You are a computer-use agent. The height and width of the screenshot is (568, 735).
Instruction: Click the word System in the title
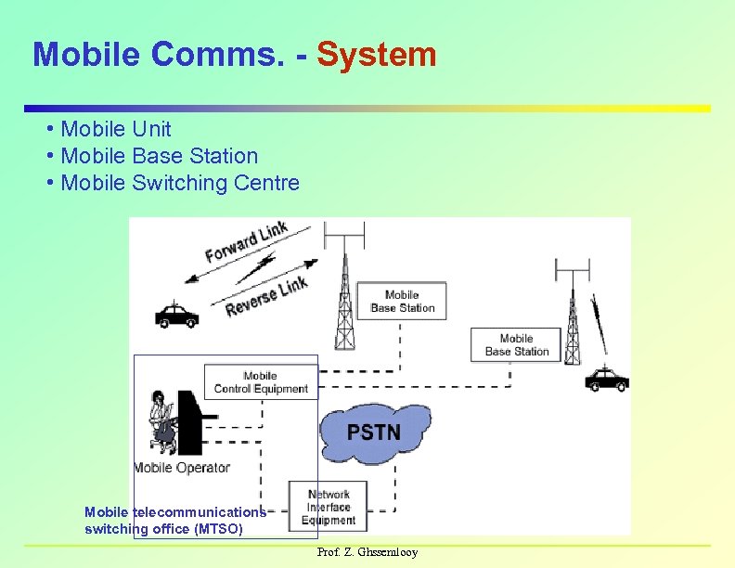[x=376, y=55]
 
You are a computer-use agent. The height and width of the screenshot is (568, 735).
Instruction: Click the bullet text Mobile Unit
[x=115, y=129]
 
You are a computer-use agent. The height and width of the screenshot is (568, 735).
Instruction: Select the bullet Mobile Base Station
[x=159, y=156]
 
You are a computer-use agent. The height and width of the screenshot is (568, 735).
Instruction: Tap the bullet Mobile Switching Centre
[x=179, y=183]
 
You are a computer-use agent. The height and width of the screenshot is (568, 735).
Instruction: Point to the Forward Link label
[x=246, y=241]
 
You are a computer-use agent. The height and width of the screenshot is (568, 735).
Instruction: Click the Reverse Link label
[x=265, y=296]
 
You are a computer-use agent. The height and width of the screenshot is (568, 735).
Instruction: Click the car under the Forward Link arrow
[x=176, y=316]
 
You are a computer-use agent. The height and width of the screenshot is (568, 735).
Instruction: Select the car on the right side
[x=607, y=379]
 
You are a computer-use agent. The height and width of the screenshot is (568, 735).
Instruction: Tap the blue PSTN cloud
[x=373, y=432]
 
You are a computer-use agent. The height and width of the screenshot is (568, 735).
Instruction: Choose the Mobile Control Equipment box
[x=261, y=382]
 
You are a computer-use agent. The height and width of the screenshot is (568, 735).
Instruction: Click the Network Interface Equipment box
[x=329, y=507]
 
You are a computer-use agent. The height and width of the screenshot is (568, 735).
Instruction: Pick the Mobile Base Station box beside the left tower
[x=402, y=302]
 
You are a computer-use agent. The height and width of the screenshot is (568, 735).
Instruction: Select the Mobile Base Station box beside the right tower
[x=516, y=345]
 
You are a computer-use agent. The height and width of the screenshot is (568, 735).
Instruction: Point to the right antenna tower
[x=573, y=316]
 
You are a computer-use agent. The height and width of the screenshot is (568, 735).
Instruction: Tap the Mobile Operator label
[x=182, y=468]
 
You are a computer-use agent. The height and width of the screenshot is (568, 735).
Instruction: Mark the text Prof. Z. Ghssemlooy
[x=367, y=552]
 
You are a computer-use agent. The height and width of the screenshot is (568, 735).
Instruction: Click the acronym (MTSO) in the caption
[x=219, y=529]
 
